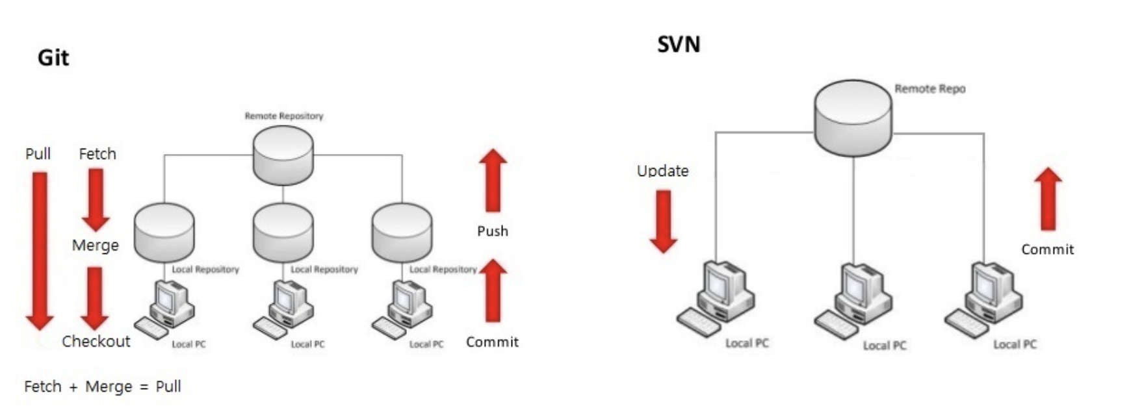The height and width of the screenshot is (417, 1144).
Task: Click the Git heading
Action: coord(53,58)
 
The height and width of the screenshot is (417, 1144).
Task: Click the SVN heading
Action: coord(679,45)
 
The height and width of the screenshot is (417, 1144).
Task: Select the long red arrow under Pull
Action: coord(40,249)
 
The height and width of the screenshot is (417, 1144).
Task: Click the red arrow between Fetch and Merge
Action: coord(96,199)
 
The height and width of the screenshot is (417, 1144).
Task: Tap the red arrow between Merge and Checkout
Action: coord(95,297)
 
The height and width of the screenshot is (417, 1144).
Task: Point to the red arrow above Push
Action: coord(493,181)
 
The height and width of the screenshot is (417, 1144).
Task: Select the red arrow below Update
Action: coord(664,221)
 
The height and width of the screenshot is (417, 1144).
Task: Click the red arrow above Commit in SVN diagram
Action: coord(1048,199)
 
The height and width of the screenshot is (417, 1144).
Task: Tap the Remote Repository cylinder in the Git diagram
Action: coord(283,155)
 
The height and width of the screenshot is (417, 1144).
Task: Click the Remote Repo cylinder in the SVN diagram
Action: coord(853,118)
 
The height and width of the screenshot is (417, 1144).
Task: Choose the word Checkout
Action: coord(96,341)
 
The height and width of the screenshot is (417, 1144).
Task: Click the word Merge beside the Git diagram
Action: coord(96,246)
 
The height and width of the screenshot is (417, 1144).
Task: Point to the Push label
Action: coord(493,231)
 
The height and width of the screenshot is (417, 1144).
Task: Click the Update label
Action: coord(662,171)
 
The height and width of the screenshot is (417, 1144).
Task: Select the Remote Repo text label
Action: coord(929,89)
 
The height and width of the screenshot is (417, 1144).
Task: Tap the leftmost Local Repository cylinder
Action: coord(164,233)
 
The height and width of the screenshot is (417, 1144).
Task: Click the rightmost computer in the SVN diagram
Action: coord(984,299)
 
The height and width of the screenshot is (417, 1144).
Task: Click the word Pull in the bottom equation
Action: coord(168,386)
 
